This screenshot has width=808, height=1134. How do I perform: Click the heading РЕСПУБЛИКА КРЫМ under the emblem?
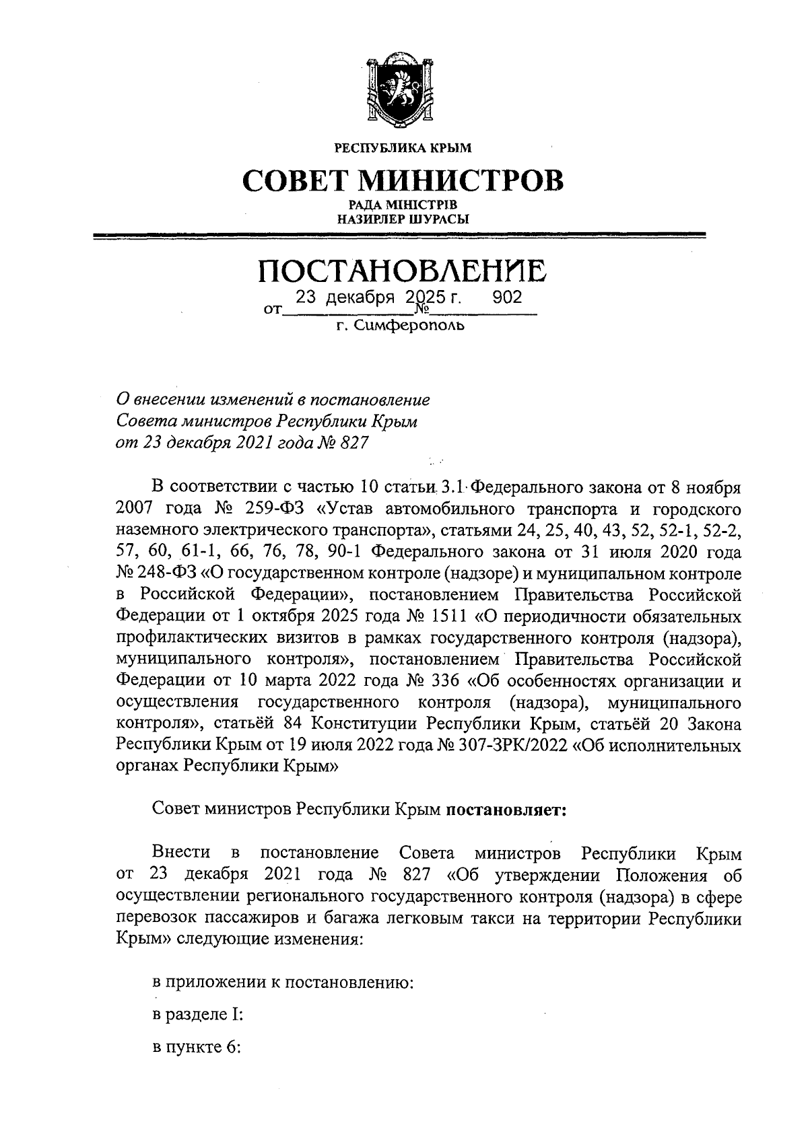click(403, 148)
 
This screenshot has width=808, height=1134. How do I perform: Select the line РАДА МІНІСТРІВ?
click(403, 205)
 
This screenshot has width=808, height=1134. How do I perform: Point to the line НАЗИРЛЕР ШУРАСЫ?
click(403, 218)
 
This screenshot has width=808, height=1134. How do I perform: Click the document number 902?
click(507, 297)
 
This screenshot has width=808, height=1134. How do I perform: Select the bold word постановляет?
click(506, 810)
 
